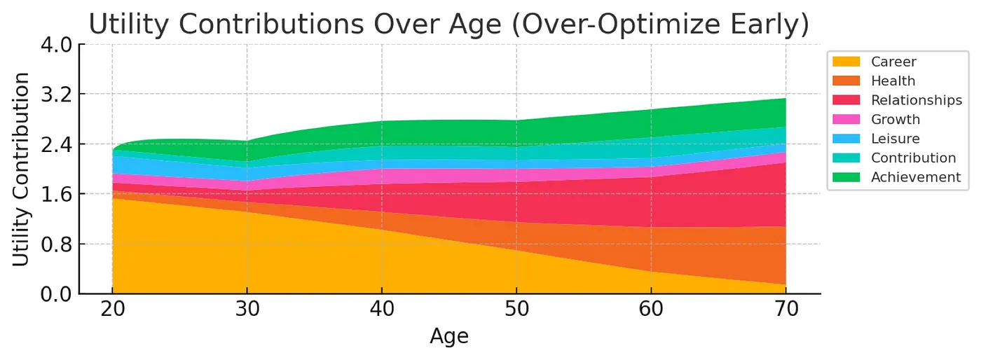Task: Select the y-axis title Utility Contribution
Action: point(22,169)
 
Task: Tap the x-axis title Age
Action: point(448,336)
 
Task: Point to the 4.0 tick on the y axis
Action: point(55,44)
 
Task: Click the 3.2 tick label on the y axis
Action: point(55,94)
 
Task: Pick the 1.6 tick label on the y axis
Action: point(55,194)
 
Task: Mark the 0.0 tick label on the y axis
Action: point(55,293)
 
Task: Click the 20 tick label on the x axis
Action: point(112,310)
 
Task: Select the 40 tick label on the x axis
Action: point(382,310)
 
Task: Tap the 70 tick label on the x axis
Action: point(786,310)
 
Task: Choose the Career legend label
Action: point(893,62)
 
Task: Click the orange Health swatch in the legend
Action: point(846,81)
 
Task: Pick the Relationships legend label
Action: point(917,100)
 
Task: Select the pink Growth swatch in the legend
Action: point(846,119)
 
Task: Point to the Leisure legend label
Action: point(895,139)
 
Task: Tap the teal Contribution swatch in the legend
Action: point(846,158)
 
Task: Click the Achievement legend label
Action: point(916,177)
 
